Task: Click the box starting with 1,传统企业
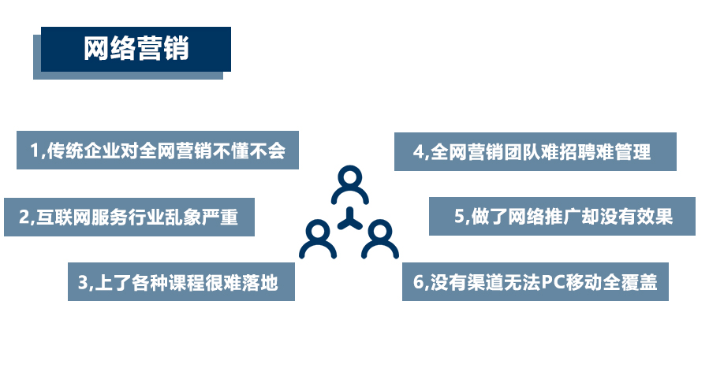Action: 158,150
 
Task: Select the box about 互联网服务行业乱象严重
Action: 129,217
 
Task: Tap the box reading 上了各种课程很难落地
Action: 181,282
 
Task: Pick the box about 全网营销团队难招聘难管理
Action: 535,151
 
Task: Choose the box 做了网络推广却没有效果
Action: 562,216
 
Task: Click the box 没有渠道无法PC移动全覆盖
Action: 535,281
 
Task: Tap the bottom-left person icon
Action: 318,240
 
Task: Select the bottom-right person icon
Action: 379,240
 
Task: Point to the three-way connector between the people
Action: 349,221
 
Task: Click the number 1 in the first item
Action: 35,151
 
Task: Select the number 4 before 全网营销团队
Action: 418,152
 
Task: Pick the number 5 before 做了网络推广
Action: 459,217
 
